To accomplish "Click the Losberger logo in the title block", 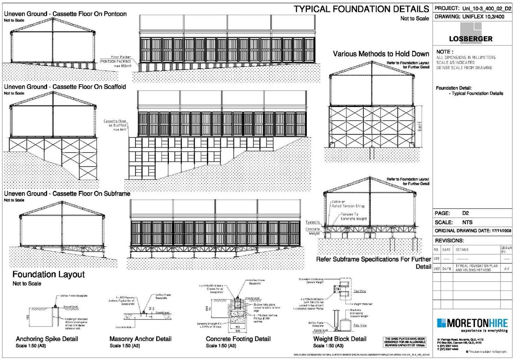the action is click(470, 34).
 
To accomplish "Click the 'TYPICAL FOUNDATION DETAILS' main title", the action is click(361, 9).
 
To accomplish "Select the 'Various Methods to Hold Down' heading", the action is click(381, 54).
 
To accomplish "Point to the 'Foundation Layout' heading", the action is click(48, 274).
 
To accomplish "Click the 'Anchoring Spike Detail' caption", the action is click(47, 339).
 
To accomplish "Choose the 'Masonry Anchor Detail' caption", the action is click(140, 339).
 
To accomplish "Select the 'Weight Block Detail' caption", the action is click(340, 339).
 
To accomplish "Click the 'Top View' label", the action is click(359, 291).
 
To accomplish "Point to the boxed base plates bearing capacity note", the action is click(405, 342).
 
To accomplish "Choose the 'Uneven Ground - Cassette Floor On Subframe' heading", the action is click(67, 194).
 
